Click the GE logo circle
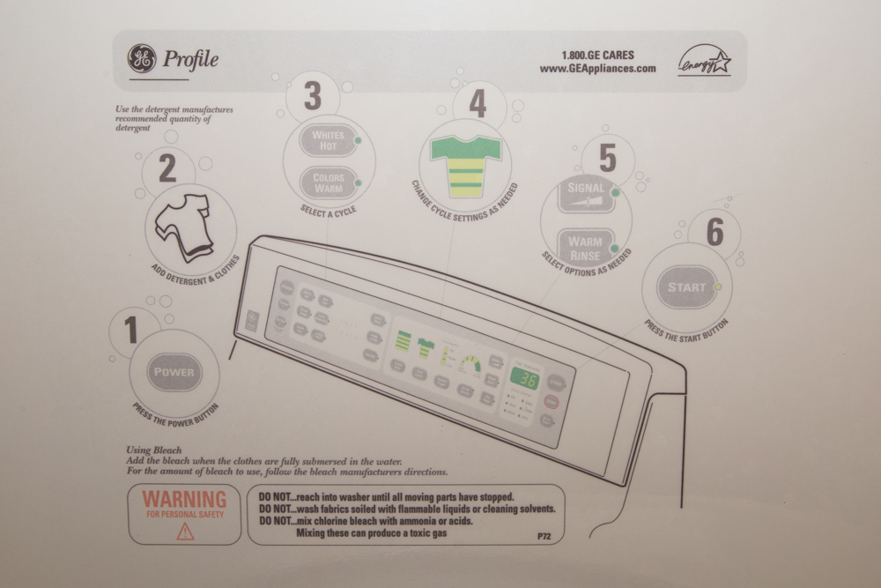click(x=142, y=59)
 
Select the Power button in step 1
click(x=174, y=372)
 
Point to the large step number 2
click(x=167, y=167)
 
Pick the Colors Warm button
click(x=328, y=182)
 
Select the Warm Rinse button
click(x=586, y=248)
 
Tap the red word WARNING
click(x=184, y=500)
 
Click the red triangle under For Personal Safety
click(x=184, y=531)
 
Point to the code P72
click(x=544, y=536)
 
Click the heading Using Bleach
click(x=154, y=450)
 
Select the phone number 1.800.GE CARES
click(x=597, y=55)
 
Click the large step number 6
click(x=714, y=234)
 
